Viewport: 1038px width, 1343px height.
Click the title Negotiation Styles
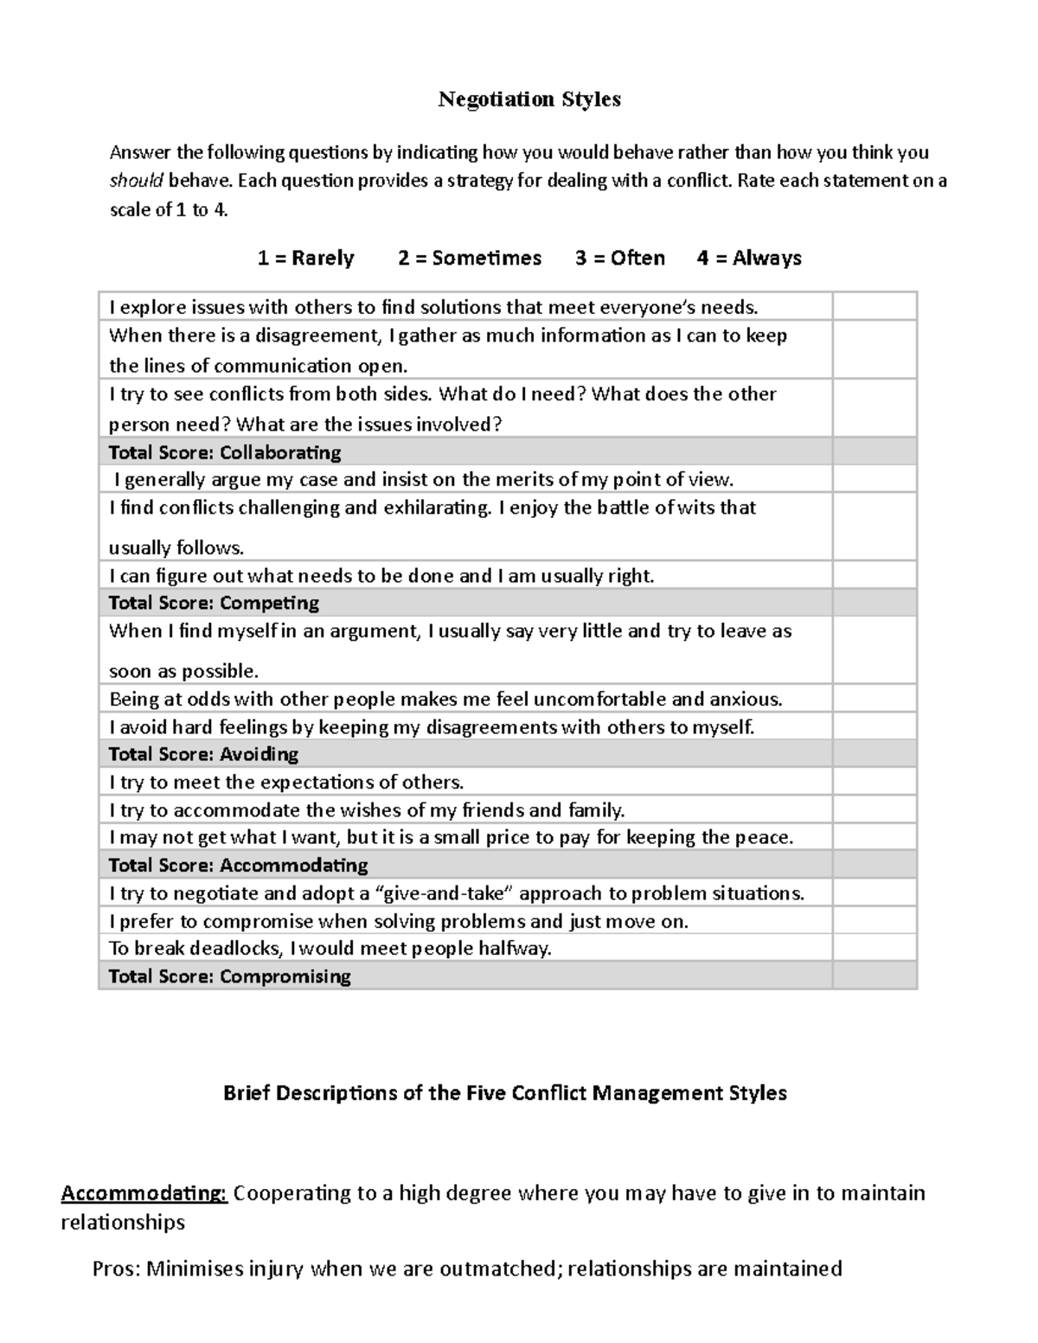click(x=529, y=99)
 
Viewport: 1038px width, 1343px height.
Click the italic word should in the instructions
click(x=136, y=181)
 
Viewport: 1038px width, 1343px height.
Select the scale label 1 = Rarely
click(x=305, y=258)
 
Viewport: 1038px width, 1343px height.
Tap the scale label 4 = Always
click(x=749, y=258)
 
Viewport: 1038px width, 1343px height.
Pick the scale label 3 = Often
click(x=619, y=258)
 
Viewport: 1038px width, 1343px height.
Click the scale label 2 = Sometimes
click(x=469, y=258)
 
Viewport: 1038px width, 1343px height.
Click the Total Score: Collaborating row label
click(x=225, y=452)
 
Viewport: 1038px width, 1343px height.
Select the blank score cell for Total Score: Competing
click(x=874, y=603)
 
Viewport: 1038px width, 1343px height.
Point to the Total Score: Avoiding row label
click(x=203, y=754)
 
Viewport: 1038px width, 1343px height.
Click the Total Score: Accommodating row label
click(x=238, y=865)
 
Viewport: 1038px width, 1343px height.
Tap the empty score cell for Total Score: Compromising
click(x=874, y=976)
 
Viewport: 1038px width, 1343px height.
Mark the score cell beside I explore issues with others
click(x=874, y=307)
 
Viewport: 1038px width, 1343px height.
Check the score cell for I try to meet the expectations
click(x=874, y=782)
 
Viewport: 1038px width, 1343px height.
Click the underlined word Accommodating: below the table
click(x=144, y=1193)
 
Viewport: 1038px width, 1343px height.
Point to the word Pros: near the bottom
click(x=117, y=1269)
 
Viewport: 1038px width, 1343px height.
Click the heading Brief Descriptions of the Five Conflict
click(x=504, y=1093)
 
